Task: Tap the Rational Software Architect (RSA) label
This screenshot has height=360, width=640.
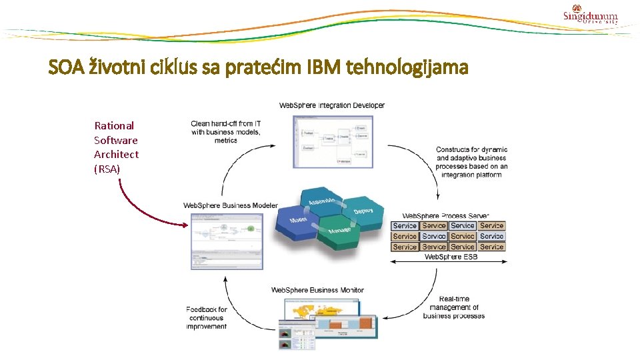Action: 116,147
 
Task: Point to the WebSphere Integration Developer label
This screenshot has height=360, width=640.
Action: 331,105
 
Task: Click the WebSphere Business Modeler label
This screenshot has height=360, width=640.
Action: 231,205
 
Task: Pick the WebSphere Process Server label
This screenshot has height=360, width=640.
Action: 445,216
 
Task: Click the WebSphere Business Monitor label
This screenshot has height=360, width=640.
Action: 317,290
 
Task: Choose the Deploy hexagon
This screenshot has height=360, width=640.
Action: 362,211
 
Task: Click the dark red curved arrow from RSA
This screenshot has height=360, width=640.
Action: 140,210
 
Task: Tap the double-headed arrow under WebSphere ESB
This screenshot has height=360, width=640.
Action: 447,263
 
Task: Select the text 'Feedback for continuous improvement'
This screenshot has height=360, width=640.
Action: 207,318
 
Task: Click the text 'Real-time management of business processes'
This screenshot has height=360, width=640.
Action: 454,307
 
